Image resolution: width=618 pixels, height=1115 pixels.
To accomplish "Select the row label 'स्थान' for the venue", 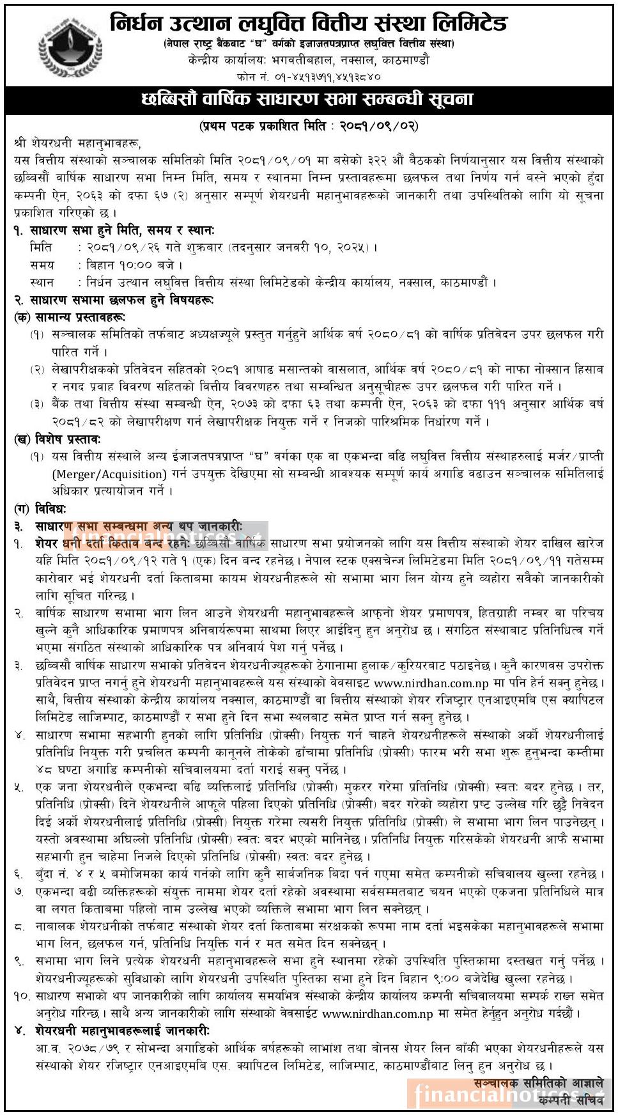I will pyautogui.click(x=42, y=282).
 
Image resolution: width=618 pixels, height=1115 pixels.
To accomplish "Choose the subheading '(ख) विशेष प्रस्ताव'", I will pyautogui.click(x=57, y=439).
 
